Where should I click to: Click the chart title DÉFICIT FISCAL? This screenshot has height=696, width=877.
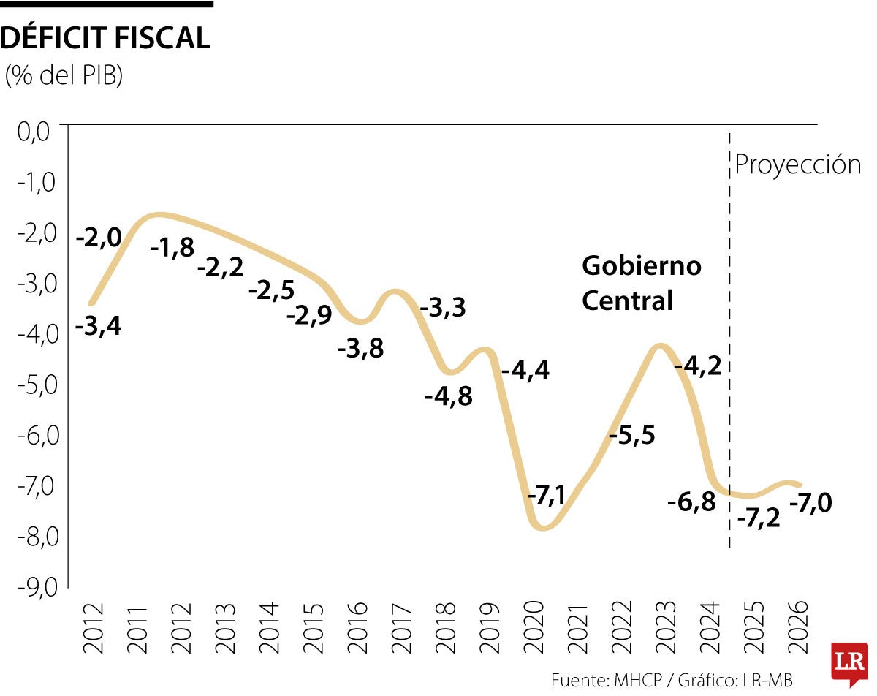coord(106,38)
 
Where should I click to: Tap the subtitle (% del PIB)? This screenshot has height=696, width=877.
coord(64,75)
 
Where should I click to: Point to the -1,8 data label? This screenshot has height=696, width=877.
coord(172,248)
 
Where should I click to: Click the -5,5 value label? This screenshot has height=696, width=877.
coord(632,435)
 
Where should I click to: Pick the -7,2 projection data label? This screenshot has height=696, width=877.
coord(759,518)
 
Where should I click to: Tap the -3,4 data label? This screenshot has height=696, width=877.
coord(99,326)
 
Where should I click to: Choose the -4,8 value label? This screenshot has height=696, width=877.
coord(449,396)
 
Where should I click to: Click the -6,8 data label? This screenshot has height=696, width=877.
coord(691,502)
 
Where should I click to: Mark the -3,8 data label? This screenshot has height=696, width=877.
coord(360,349)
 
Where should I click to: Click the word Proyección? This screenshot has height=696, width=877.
coord(798,164)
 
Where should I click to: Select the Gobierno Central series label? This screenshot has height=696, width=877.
coord(641,283)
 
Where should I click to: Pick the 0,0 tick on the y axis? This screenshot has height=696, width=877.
coord(34,132)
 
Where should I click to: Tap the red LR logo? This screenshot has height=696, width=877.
coord(849,663)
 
